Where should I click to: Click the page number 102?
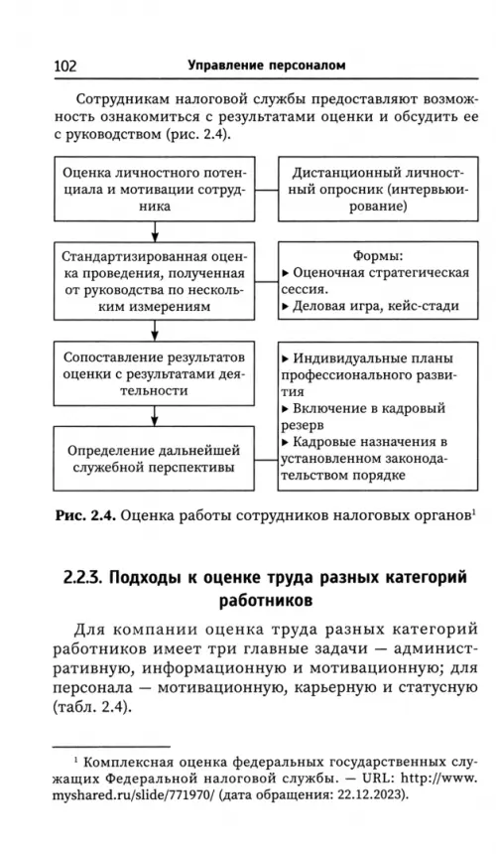65,66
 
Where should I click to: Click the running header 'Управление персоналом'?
267,66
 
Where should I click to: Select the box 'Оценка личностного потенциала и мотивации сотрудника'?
154,189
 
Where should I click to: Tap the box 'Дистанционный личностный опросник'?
378,189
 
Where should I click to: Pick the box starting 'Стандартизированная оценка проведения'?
154,281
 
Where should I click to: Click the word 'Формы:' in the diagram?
378,255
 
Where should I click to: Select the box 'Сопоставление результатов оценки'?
154,373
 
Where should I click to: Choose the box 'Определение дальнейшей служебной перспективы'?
154,459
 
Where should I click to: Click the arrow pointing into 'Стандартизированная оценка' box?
155,232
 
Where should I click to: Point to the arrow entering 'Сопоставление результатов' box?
155,331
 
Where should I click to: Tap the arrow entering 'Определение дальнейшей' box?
155,416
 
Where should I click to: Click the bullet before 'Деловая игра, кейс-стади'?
286,307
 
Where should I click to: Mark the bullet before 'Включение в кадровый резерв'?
286,408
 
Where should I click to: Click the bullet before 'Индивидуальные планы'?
286,358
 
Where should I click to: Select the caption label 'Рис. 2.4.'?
85,515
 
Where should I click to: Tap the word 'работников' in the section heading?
266,601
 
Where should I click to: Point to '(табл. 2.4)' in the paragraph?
93,708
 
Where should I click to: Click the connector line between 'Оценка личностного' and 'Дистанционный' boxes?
267,190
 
